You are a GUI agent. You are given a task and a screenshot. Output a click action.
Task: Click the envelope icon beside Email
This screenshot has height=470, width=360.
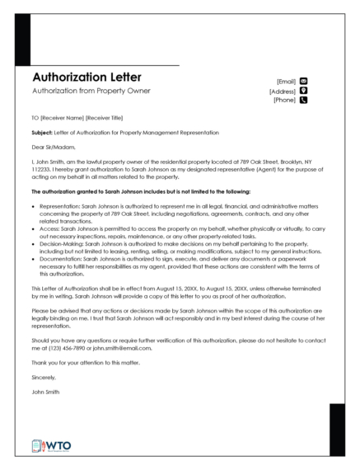pos(303,81)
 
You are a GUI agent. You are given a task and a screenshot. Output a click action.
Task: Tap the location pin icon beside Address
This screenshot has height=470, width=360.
pos(303,91)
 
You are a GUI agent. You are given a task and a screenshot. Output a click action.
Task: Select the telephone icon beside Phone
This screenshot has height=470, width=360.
pos(303,101)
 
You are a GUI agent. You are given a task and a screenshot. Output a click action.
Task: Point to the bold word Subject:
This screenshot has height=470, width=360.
pos(41,133)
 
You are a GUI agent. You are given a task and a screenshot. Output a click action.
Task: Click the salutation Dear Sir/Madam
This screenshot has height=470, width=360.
pos(52,148)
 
